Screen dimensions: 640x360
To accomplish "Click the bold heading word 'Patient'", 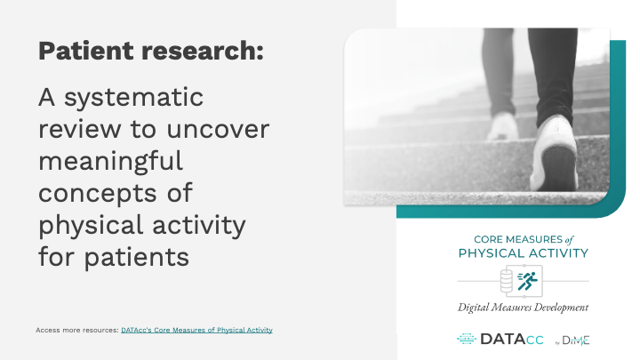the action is point(86,51).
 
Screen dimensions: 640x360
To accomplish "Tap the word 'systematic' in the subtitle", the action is point(133,98).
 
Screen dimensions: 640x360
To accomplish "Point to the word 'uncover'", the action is point(218,129).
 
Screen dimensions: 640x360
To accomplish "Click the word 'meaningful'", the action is point(110,161).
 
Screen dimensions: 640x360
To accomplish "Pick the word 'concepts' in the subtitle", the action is point(98,193).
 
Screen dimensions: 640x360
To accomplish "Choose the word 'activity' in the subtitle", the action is point(199,225).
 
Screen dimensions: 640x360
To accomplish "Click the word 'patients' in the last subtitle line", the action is point(137,257).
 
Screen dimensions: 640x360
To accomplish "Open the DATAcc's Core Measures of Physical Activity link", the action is point(196,330).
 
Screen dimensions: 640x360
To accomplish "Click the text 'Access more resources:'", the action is point(77,330).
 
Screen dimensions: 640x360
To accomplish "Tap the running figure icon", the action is point(528,281).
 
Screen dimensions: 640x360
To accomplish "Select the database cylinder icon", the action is point(507,281).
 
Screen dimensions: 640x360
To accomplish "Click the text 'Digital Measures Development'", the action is point(523,308).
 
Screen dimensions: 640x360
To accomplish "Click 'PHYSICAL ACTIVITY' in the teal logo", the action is point(524,253).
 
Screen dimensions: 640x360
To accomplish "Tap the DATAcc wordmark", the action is point(512,340).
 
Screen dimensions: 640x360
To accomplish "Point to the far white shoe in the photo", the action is point(503,126).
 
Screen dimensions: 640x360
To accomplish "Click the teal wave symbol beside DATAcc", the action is point(467,339).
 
